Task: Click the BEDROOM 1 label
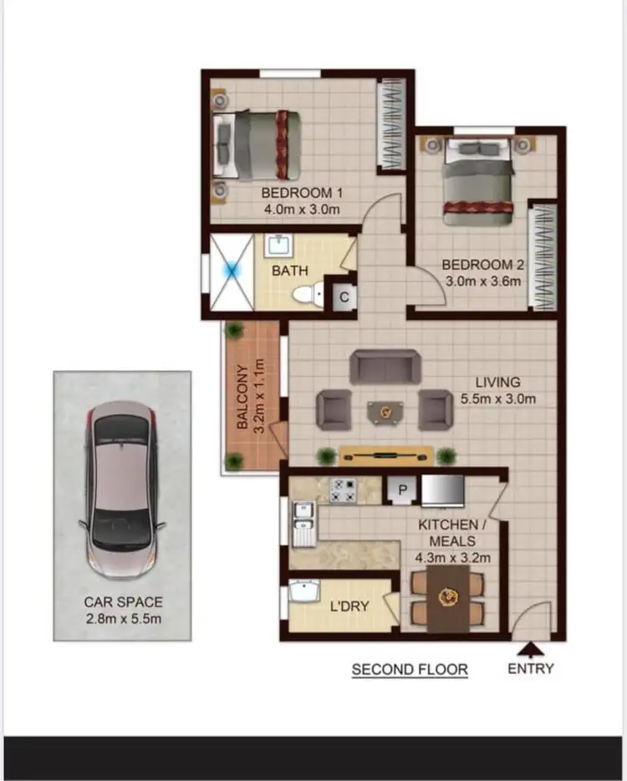(301, 192)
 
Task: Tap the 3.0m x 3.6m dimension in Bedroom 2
(482, 281)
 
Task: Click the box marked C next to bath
(344, 297)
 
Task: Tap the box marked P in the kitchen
(401, 490)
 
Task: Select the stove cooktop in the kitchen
(343, 489)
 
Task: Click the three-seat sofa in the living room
(385, 366)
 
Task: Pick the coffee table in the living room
(385, 411)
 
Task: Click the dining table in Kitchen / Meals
(449, 598)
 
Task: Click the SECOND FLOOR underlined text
(410, 669)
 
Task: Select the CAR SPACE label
(123, 601)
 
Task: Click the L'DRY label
(349, 606)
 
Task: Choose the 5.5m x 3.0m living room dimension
(497, 398)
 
